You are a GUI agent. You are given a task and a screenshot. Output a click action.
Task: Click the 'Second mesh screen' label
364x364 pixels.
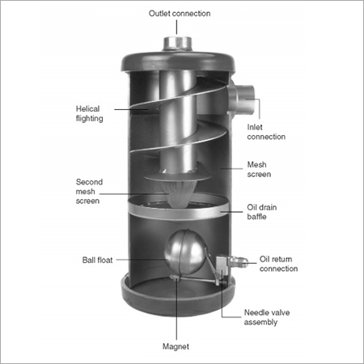click(x=88, y=192)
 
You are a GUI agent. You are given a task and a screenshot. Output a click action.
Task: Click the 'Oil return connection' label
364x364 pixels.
click(x=280, y=265)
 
